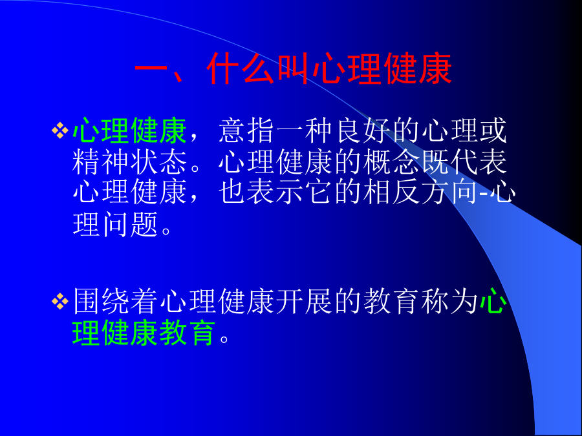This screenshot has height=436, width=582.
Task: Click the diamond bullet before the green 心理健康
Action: [x=60, y=131]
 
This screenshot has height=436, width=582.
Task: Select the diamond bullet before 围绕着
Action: [x=60, y=301]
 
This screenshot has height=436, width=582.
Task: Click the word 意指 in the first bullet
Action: [x=246, y=130]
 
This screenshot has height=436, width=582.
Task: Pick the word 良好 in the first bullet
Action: [x=362, y=130]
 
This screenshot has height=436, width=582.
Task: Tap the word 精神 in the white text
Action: [x=101, y=162]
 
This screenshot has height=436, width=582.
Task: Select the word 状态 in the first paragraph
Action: [x=158, y=162]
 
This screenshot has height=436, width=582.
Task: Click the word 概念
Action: [x=391, y=162]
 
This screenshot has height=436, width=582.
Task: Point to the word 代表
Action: [x=478, y=162]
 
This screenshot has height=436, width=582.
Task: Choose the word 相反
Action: [x=391, y=192]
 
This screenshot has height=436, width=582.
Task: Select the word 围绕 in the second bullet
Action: [x=101, y=301]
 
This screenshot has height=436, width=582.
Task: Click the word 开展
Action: [x=305, y=301]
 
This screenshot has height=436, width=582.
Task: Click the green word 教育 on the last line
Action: [x=188, y=333]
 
